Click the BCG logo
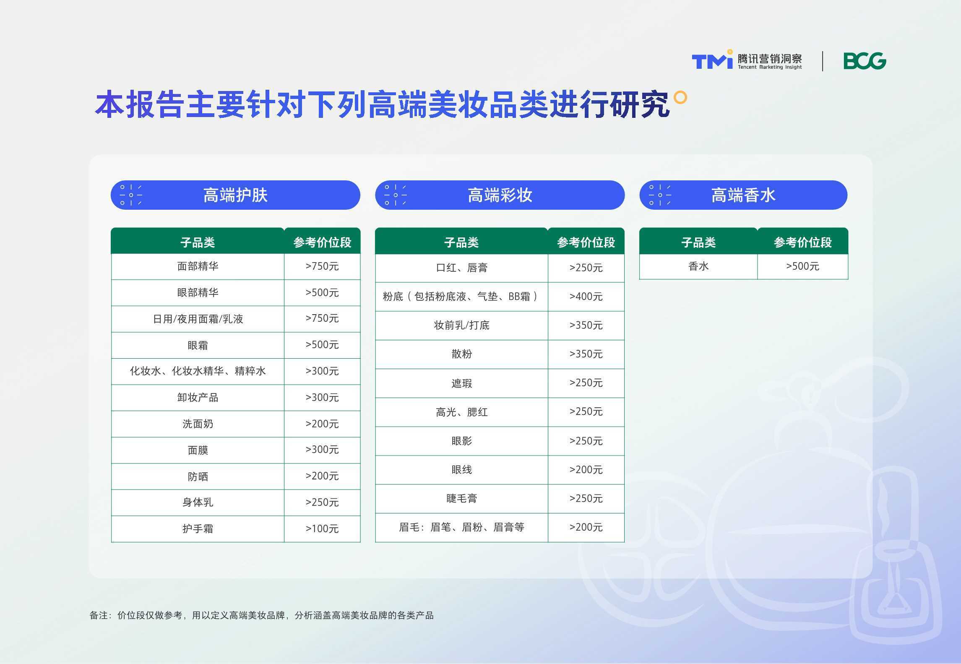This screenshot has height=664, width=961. click(x=865, y=61)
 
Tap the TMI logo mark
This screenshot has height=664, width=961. click(x=712, y=60)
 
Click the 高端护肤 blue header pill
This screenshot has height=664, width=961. click(x=235, y=195)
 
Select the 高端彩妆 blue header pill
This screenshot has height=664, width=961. click(x=500, y=195)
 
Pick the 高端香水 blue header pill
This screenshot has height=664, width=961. click(x=743, y=195)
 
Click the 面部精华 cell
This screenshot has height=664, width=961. click(x=198, y=266)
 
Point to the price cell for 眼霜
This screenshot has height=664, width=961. click(x=322, y=345)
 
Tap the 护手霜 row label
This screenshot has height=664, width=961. click(x=198, y=529)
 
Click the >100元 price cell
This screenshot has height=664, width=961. click(x=322, y=529)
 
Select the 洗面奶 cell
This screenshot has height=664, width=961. click(x=198, y=424)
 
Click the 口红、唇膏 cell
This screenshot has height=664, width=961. click(x=461, y=268)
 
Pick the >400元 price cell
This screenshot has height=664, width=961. click(x=586, y=297)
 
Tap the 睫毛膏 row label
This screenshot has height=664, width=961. click(x=461, y=498)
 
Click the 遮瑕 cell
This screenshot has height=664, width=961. click(x=461, y=383)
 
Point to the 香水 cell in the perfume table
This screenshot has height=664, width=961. click(x=698, y=266)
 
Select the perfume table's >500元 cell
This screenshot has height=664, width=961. click(x=802, y=266)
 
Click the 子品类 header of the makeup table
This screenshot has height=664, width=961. click(x=461, y=242)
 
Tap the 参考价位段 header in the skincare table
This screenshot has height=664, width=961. click(x=322, y=242)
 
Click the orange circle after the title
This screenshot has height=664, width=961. click(x=680, y=97)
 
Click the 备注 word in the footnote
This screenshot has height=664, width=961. click(x=99, y=615)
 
